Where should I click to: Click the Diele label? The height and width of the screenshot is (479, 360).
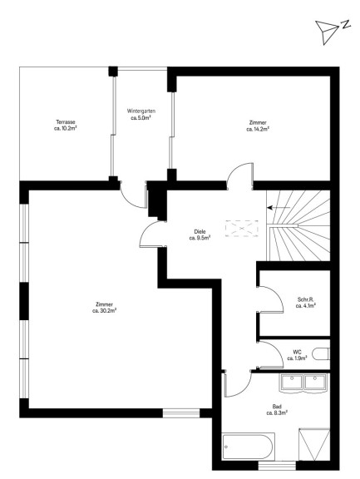tap(200, 231)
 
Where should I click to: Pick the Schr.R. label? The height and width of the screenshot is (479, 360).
tap(305, 299)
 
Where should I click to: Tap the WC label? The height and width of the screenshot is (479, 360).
tap(297, 353)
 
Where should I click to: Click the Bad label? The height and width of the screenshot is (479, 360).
tap(277, 407)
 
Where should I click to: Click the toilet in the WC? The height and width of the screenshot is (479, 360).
tap(321, 353)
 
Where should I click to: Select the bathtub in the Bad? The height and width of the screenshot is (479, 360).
tap(249, 447)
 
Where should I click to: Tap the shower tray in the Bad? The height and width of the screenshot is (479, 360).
tap(314, 444)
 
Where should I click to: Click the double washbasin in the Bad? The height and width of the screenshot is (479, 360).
tap(303, 383)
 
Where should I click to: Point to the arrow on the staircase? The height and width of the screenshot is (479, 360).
tap(279, 207)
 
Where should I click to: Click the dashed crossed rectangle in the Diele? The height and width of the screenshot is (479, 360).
tap(242, 228)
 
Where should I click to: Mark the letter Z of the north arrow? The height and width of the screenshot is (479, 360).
tap(345, 24)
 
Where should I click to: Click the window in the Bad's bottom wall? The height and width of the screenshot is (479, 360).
tap(277, 465)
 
